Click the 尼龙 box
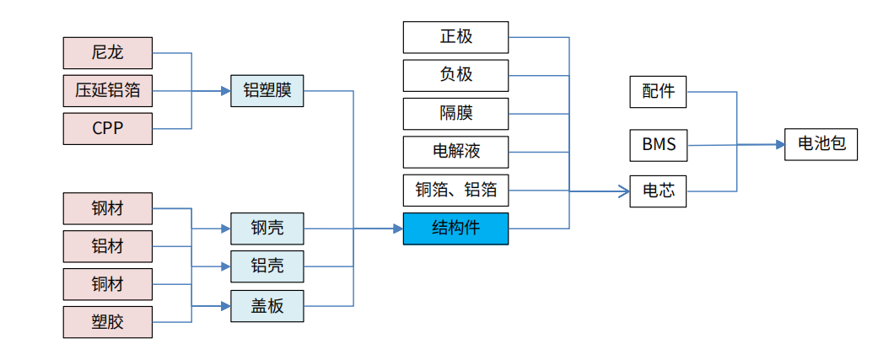click(108, 53)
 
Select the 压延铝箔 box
click(108, 91)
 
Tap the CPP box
click(108, 129)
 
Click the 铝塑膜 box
click(267, 91)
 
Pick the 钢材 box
click(108, 208)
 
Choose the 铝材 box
click(108, 246)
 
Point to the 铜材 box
click(108, 284)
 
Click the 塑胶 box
click(108, 322)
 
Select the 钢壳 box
click(267, 228)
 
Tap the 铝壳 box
click(267, 266)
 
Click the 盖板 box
click(267, 306)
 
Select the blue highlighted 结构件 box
click(455, 228)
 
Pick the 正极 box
click(455, 37)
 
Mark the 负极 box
click(455, 75)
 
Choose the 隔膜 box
click(455, 113)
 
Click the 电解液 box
click(455, 152)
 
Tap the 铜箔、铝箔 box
click(455, 191)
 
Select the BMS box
click(658, 145)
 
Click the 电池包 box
click(821, 144)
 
